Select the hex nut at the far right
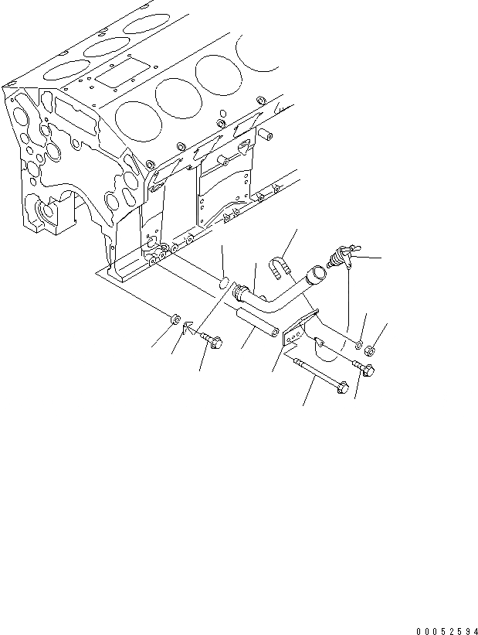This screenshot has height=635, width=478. [x=370, y=350]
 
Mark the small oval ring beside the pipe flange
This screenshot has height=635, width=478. [x=222, y=283]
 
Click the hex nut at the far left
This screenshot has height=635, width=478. [x=175, y=319]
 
